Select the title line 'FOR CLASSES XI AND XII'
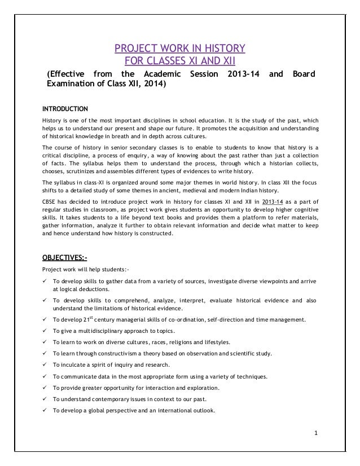coord(180,60)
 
